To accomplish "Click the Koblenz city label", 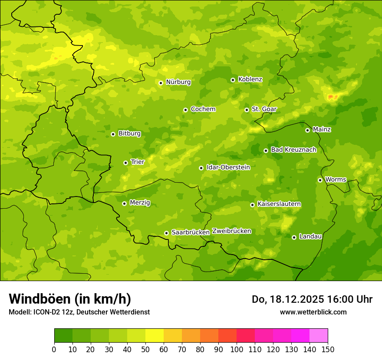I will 250,79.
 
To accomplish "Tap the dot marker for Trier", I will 126,163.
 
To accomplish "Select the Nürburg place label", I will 178,82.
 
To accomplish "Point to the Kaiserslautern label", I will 279,204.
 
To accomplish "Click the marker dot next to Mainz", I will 307,130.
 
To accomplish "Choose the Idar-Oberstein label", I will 228,167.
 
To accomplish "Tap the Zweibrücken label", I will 231,231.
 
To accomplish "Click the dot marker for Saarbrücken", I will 166,233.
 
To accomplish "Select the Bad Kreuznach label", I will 293,150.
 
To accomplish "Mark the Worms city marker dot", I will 320,180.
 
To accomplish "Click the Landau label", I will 310,236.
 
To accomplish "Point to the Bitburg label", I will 129,134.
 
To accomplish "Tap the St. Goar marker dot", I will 247,110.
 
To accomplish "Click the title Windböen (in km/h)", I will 70,299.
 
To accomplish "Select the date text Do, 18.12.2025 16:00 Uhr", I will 312,299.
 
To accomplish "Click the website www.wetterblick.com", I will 313,312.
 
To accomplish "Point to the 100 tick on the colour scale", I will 237,349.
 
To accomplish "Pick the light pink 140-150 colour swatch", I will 319,336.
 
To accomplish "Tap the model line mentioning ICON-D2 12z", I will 79,312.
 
